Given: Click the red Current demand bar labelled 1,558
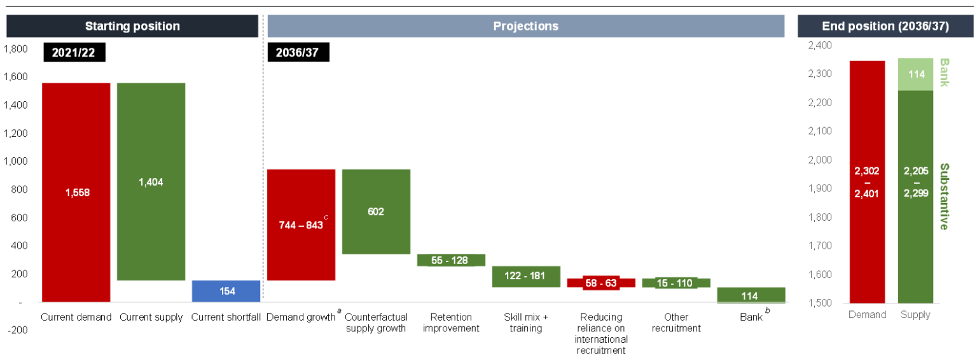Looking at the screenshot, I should click(x=76, y=192).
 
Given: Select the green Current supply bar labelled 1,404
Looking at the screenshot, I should click(x=151, y=182).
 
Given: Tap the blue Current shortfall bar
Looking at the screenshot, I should click(x=226, y=291).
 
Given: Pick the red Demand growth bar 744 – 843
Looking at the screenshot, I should click(x=301, y=225).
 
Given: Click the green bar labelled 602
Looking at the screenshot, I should click(x=376, y=211).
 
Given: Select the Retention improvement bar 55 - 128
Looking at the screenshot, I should click(x=451, y=260).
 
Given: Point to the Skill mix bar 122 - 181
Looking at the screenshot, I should click(x=526, y=276).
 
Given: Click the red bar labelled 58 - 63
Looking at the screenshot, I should click(x=601, y=283).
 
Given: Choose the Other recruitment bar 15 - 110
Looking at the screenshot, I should click(x=676, y=283).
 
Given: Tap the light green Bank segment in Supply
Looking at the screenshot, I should click(x=915, y=74).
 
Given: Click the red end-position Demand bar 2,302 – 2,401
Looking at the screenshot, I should click(x=867, y=181).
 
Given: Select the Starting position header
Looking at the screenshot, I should click(x=132, y=26).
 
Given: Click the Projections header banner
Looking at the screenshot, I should click(x=525, y=26).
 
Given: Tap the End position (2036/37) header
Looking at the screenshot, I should click(x=885, y=26).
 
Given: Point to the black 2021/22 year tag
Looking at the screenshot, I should click(x=74, y=52).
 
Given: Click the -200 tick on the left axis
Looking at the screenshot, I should click(x=17, y=330).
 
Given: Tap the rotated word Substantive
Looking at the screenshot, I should click(x=944, y=197).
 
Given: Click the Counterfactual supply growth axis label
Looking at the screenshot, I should click(x=376, y=322).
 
